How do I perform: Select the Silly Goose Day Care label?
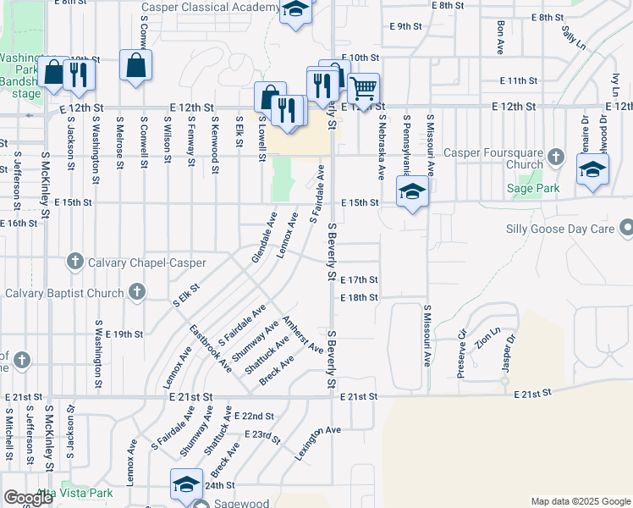coord(559,229)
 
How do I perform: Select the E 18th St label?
coord(358,298)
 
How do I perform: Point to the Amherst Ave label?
coord(302,334)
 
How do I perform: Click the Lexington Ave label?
coord(317,442)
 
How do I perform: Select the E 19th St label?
coord(124,334)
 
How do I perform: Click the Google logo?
coord(28,499)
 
